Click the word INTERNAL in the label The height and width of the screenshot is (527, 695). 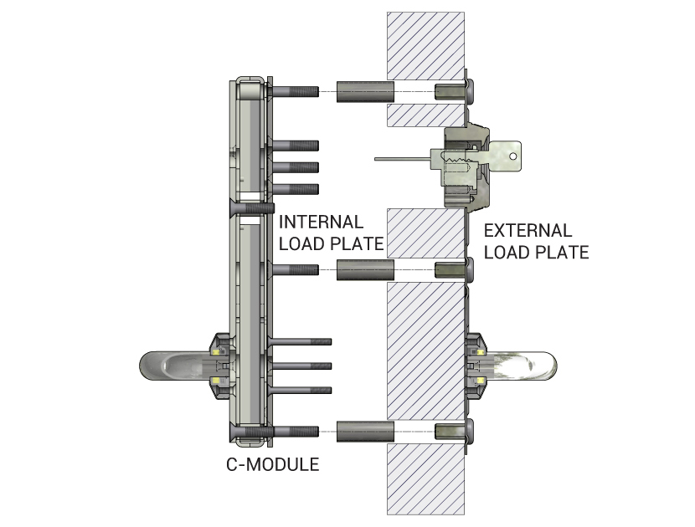click(x=321, y=223)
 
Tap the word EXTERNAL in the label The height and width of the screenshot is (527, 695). click(x=528, y=231)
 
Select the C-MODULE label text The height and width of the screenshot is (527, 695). click(x=273, y=464)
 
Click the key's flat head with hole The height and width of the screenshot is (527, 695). click(x=505, y=156)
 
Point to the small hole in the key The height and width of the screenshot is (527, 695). click(x=512, y=156)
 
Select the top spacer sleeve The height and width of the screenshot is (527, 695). click(x=365, y=92)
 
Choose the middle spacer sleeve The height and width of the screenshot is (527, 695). click(x=365, y=269)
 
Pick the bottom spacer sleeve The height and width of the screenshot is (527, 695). click(x=365, y=432)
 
